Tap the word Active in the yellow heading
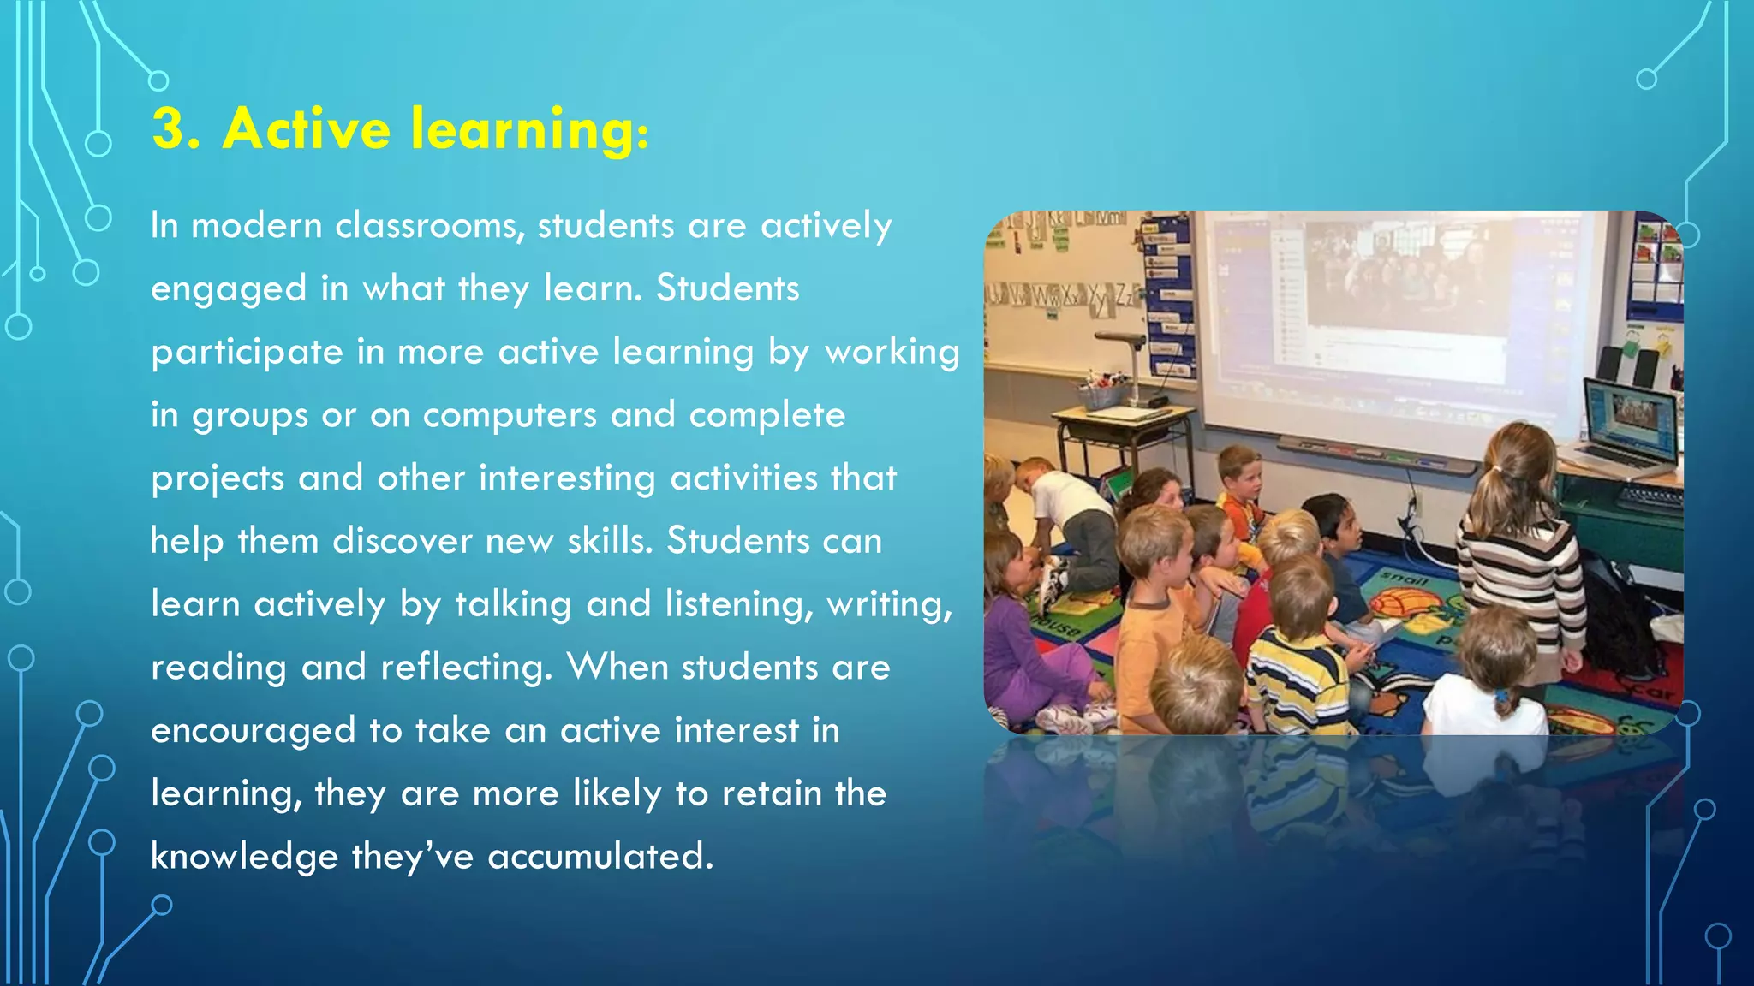307,129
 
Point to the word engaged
229,290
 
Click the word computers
510,416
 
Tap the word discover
402,542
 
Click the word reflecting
467,668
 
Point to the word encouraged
253,732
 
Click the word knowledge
244,858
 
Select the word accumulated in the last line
600,858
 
